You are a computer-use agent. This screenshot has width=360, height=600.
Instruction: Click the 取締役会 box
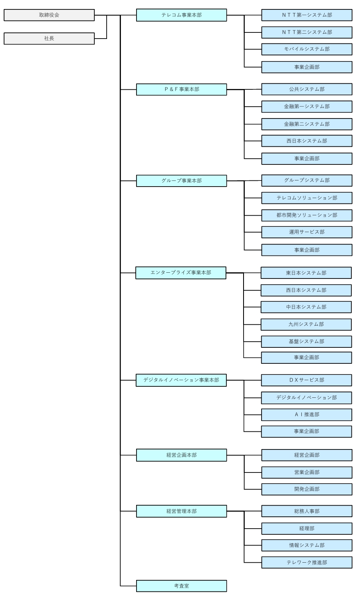click(49, 15)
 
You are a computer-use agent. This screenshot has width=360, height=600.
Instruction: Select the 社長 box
click(49, 39)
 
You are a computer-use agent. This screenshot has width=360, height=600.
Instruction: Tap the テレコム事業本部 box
click(181, 15)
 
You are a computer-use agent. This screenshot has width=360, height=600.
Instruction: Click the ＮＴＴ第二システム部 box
click(307, 32)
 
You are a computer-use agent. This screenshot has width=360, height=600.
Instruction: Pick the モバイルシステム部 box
click(307, 49)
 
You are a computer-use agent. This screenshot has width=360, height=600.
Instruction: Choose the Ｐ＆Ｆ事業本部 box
click(181, 89)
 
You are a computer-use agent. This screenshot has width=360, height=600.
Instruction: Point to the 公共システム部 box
click(307, 89)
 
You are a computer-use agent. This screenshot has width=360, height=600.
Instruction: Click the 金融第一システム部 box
click(307, 107)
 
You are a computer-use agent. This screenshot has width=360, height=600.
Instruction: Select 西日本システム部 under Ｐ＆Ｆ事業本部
click(307, 141)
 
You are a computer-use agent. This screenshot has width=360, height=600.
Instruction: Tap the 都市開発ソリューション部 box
click(307, 215)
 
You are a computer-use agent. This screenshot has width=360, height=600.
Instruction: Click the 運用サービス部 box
click(307, 232)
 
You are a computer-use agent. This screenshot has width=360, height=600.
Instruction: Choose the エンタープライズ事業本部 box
click(181, 273)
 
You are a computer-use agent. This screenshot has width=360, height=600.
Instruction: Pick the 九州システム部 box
click(306, 324)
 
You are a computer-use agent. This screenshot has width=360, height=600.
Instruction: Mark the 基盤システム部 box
click(306, 342)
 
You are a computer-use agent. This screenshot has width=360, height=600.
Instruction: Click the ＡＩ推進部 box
click(306, 415)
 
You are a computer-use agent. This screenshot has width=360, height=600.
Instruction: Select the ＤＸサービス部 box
click(306, 380)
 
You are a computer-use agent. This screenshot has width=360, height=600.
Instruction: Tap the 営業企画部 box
click(307, 472)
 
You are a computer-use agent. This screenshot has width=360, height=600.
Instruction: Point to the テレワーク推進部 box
click(307, 563)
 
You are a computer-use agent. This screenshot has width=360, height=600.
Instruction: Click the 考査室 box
click(181, 586)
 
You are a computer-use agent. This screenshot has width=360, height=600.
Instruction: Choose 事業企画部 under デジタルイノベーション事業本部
click(306, 431)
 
